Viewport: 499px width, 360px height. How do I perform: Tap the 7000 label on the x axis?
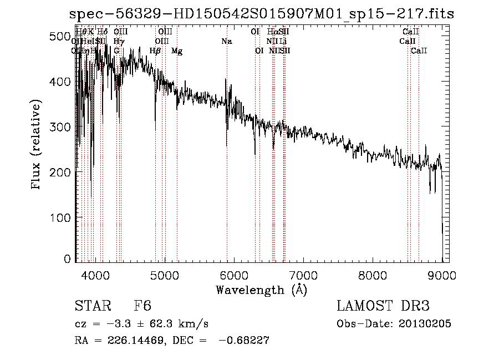point(303,274)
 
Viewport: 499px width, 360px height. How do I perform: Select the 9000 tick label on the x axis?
point(442,274)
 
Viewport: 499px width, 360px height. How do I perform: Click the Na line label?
point(226,42)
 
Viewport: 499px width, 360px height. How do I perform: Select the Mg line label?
point(177,51)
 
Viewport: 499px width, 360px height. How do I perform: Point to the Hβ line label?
point(155,51)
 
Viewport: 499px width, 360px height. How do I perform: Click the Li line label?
point(283,42)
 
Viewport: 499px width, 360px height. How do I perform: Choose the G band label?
point(116,51)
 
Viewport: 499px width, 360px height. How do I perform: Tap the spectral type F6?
point(142,307)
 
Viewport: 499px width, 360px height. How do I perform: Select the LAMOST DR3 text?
point(383,307)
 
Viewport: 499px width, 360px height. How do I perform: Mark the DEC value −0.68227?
point(245,341)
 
